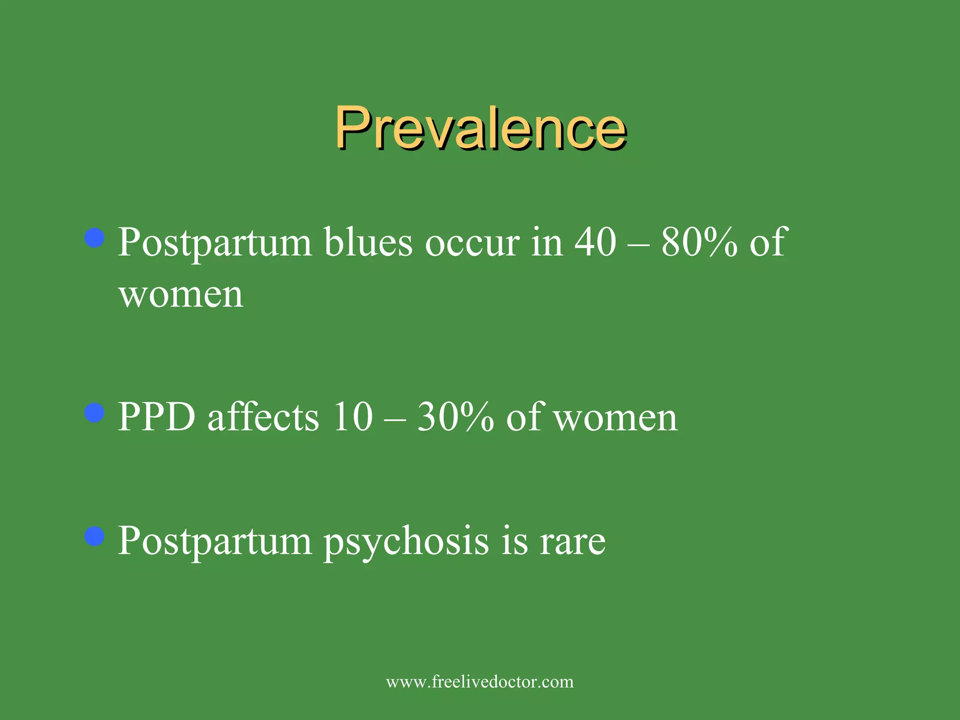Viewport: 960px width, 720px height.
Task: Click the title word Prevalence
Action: click(480, 127)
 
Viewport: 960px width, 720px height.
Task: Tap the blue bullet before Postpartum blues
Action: click(95, 238)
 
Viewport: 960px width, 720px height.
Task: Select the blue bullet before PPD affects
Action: click(95, 413)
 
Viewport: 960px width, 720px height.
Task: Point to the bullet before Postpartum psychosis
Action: click(95, 536)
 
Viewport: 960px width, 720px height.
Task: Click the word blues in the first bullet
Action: click(368, 242)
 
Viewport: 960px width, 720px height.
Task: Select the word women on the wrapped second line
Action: click(181, 295)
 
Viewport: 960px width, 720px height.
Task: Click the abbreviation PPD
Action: click(157, 417)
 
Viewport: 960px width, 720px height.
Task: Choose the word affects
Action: click(263, 417)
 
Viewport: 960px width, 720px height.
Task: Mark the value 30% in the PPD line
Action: click(455, 417)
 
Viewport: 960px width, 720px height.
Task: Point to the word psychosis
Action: click(406, 542)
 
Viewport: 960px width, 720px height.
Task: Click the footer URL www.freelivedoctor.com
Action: click(480, 682)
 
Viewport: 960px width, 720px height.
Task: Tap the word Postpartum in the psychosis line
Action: click(215, 542)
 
